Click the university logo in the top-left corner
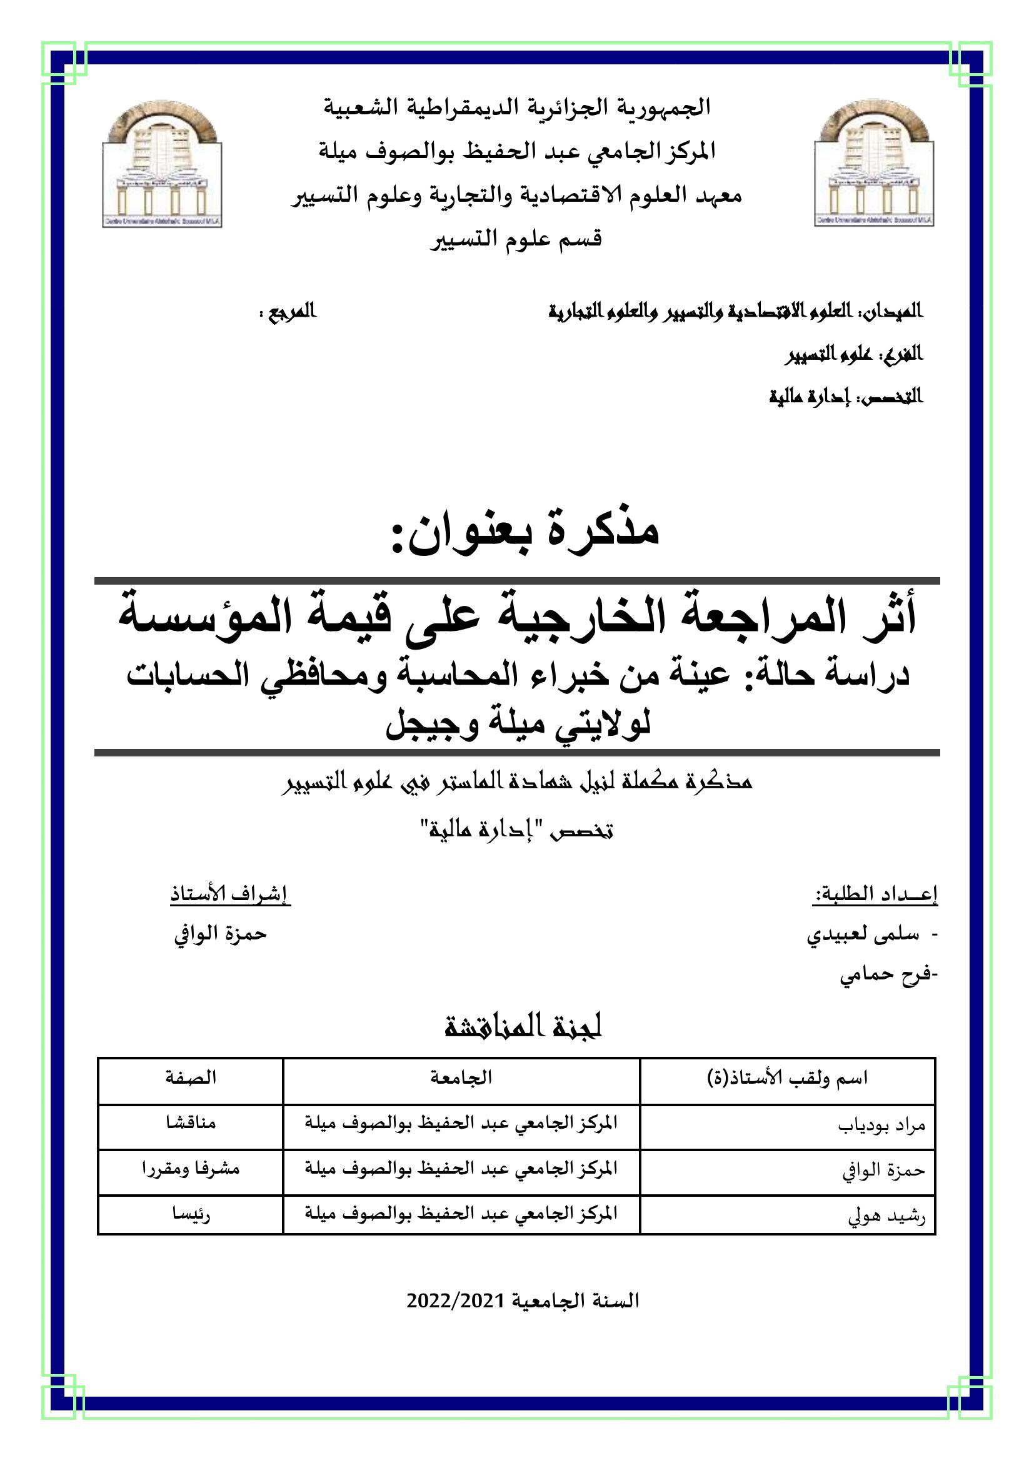[x=162, y=164]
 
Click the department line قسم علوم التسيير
[x=516, y=239]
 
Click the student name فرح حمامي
[x=886, y=974]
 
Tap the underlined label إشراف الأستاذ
[x=230, y=894]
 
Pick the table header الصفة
[x=191, y=1077]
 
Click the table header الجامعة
[x=461, y=1077]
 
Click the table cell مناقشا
[x=191, y=1122]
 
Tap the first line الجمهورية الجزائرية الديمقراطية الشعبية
[x=516, y=107]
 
